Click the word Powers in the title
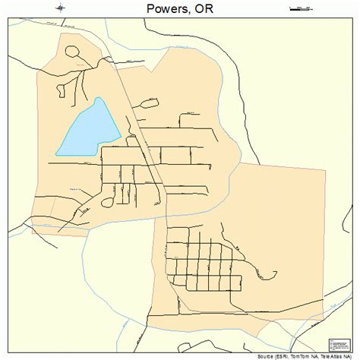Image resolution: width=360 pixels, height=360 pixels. click(x=161, y=10)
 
